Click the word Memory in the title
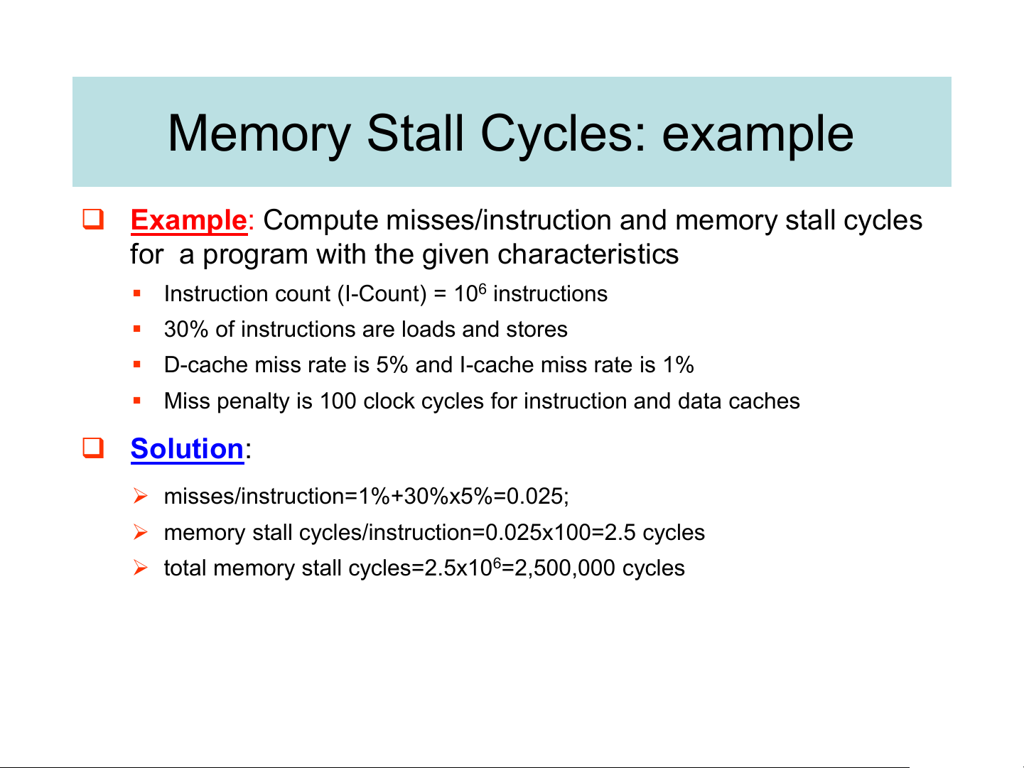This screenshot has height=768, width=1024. pos(259,134)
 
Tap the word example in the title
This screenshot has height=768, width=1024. pos(758,135)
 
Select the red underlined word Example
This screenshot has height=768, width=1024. pos(188,220)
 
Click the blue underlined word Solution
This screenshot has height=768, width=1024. pos(187,448)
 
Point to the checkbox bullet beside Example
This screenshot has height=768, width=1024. pos(93,219)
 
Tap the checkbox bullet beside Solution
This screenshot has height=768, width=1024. pos(93,448)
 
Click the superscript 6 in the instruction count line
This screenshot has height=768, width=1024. pos(483,289)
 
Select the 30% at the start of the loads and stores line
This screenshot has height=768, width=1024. pos(185,329)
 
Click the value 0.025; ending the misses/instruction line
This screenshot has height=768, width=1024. pos(537,496)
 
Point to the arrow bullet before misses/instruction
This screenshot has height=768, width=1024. pos(140,496)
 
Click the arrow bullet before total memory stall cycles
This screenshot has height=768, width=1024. pos(140,568)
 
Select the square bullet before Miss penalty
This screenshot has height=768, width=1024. pos(136,400)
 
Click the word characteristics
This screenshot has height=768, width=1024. pos(588,254)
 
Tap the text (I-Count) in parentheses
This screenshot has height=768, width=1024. pos(382,294)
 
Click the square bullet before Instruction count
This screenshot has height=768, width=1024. pos(136,293)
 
